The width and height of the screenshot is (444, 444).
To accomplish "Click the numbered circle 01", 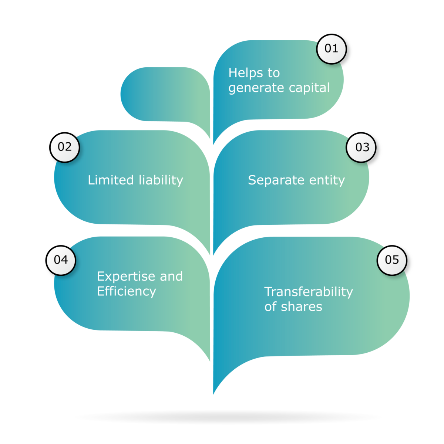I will point(331,48).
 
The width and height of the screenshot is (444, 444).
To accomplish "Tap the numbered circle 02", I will point(64,147).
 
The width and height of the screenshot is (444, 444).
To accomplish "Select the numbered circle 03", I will point(362,148).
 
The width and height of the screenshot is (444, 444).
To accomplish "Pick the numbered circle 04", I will point(61,260).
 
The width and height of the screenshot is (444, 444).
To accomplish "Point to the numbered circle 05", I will point(392,260).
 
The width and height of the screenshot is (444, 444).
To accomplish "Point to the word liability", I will point(161,180).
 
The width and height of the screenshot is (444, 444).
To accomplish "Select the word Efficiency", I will point(126,291).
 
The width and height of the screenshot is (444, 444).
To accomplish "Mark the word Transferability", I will point(308,292).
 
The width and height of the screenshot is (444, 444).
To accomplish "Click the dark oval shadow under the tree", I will point(228,417).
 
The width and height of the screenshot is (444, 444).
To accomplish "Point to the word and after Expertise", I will point(171,277).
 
